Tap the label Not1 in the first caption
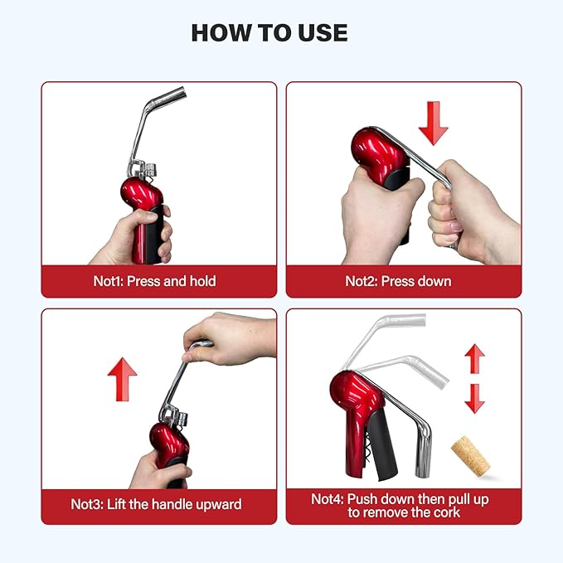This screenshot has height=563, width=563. click(x=108, y=281)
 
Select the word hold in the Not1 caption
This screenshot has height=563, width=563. click(x=203, y=281)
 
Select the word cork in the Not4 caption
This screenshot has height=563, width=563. click(x=447, y=512)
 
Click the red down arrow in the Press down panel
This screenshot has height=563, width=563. click(x=434, y=124)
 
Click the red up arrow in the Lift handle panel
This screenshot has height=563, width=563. click(x=123, y=379)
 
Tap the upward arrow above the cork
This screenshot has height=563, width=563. click(x=474, y=358)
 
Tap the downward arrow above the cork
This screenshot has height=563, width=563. click(x=474, y=399)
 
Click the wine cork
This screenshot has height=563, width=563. click(x=471, y=454)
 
